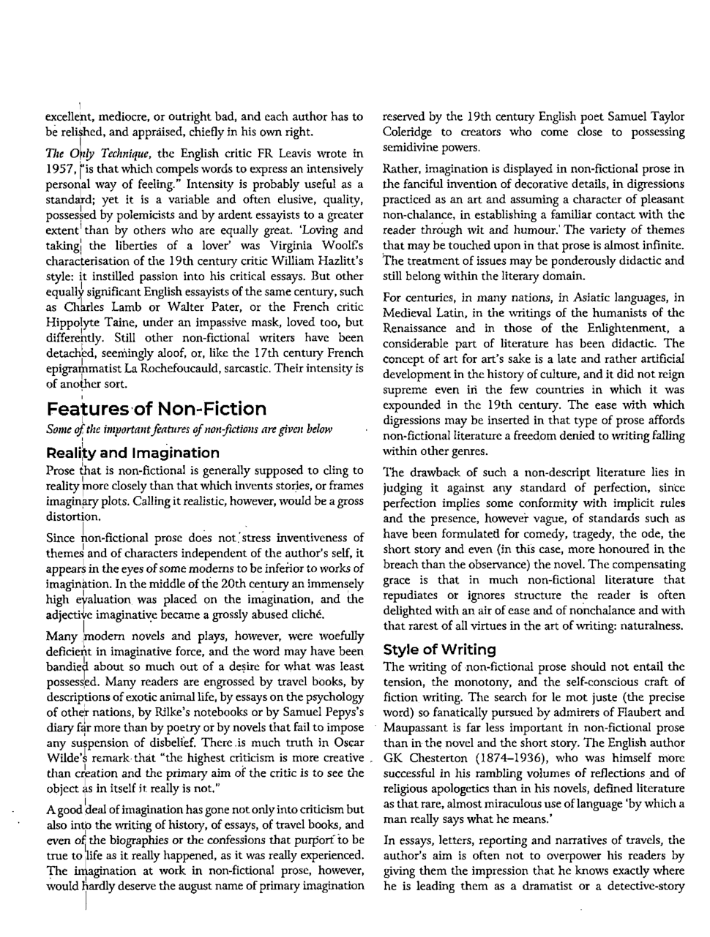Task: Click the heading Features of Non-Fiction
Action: point(157,408)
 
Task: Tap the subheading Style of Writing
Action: point(439,649)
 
